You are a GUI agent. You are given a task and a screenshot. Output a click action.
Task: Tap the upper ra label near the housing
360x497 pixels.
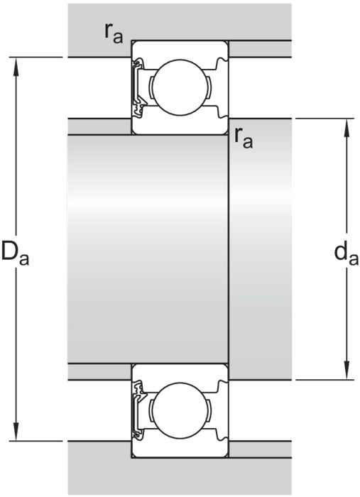click(114, 33)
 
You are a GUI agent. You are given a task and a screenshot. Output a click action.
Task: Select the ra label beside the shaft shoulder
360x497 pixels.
click(244, 138)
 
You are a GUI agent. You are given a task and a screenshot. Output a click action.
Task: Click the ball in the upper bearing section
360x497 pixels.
click(180, 87)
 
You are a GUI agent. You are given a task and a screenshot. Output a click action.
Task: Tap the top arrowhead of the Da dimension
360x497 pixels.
click(16, 67)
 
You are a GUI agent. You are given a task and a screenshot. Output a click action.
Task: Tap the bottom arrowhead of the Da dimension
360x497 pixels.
click(16, 431)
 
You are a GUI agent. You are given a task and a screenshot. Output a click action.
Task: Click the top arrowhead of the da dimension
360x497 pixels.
click(347, 128)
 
